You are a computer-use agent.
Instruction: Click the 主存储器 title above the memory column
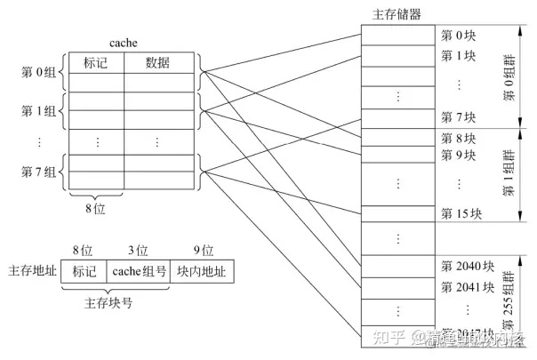coord(397,14)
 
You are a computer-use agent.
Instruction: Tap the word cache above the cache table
coord(122,43)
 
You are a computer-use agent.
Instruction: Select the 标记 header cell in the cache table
coord(96,63)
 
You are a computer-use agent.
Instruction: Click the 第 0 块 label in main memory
coord(460,36)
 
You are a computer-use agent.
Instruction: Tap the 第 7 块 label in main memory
coord(460,116)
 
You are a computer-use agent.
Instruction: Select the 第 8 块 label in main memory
coord(460,138)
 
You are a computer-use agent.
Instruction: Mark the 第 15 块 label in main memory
coord(462,213)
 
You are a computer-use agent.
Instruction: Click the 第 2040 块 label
coord(468,266)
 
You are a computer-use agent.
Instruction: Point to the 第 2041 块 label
coord(468,287)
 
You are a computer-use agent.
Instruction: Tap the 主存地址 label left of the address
coord(31,270)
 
